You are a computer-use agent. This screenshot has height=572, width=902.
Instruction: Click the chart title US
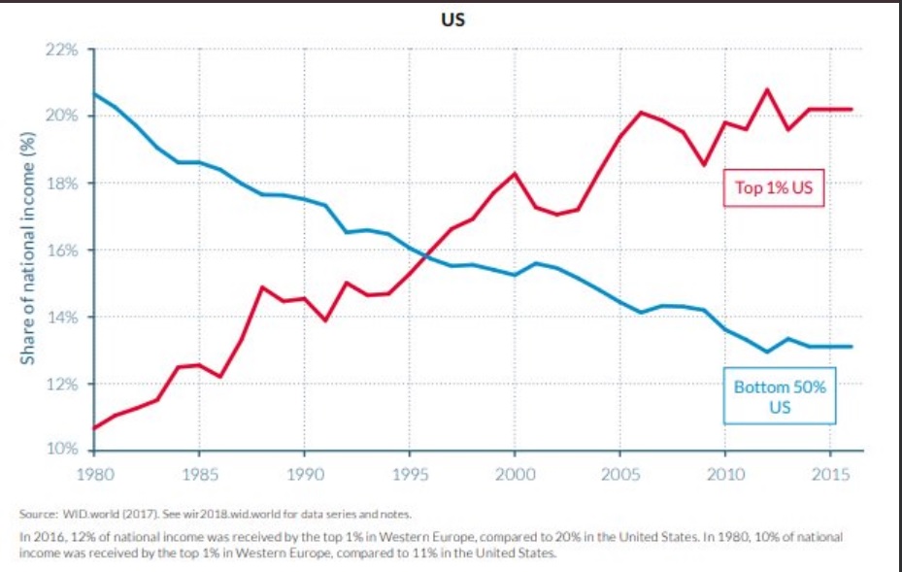click(x=452, y=20)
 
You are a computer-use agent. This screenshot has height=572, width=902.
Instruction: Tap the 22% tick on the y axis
click(x=64, y=50)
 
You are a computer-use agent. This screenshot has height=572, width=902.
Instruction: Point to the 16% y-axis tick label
click(x=64, y=251)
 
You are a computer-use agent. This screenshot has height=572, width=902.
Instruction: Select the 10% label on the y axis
click(x=64, y=451)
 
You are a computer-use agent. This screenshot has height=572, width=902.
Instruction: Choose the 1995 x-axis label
click(x=409, y=474)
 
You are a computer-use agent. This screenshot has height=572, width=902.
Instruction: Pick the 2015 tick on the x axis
click(x=830, y=474)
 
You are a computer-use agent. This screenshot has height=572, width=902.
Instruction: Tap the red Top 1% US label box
click(x=774, y=187)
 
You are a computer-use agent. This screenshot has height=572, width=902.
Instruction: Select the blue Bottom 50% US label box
click(x=779, y=397)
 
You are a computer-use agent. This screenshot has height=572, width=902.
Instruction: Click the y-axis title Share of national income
click(x=29, y=251)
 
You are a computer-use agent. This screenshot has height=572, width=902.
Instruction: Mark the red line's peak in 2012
click(x=767, y=89)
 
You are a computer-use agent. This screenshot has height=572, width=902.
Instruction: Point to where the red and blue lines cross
click(x=424, y=255)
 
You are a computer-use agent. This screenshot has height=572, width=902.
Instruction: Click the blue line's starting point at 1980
click(x=93, y=93)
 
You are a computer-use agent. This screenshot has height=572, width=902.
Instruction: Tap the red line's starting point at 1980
click(x=93, y=428)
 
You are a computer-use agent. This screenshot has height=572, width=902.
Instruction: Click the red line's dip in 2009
click(x=704, y=164)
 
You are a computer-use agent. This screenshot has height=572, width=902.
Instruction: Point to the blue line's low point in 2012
click(x=767, y=352)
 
